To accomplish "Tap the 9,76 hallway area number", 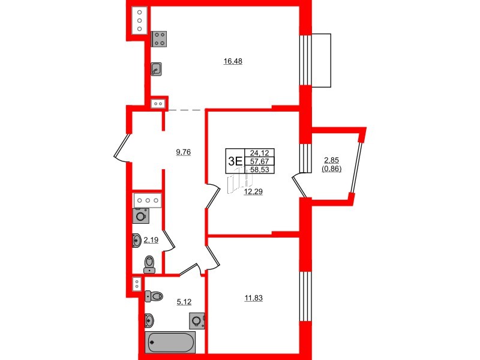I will pos(183,152).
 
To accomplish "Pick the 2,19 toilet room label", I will pos(150,240).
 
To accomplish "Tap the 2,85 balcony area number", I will pos(332,160).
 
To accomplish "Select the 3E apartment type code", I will pos(235,160).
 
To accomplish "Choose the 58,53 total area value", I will pos(259,170).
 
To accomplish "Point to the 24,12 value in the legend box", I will pos(259,152).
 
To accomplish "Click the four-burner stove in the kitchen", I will pos(160,39).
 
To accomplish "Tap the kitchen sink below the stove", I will pos(156,69).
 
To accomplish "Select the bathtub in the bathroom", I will pos(170,343).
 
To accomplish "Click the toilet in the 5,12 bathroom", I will pos(154,296).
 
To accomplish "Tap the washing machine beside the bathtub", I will pos(196,322).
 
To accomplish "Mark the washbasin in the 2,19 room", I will pos(136,241).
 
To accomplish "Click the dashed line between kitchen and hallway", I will pos(185,110).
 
